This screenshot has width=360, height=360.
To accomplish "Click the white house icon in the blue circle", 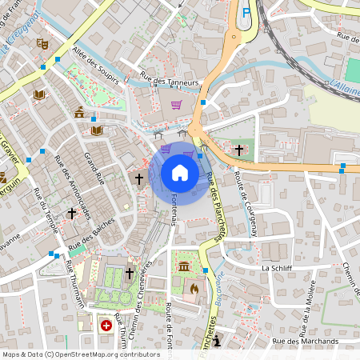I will pos(180,172).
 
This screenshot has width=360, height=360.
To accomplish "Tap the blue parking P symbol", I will pos(246,12).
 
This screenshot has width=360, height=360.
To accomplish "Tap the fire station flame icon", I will pos(193,286).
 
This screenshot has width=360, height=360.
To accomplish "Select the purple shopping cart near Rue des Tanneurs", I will pos(176,104).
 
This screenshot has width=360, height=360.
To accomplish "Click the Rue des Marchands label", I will pos(305,342).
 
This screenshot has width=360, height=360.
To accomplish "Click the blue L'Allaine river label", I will pos(344,85).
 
